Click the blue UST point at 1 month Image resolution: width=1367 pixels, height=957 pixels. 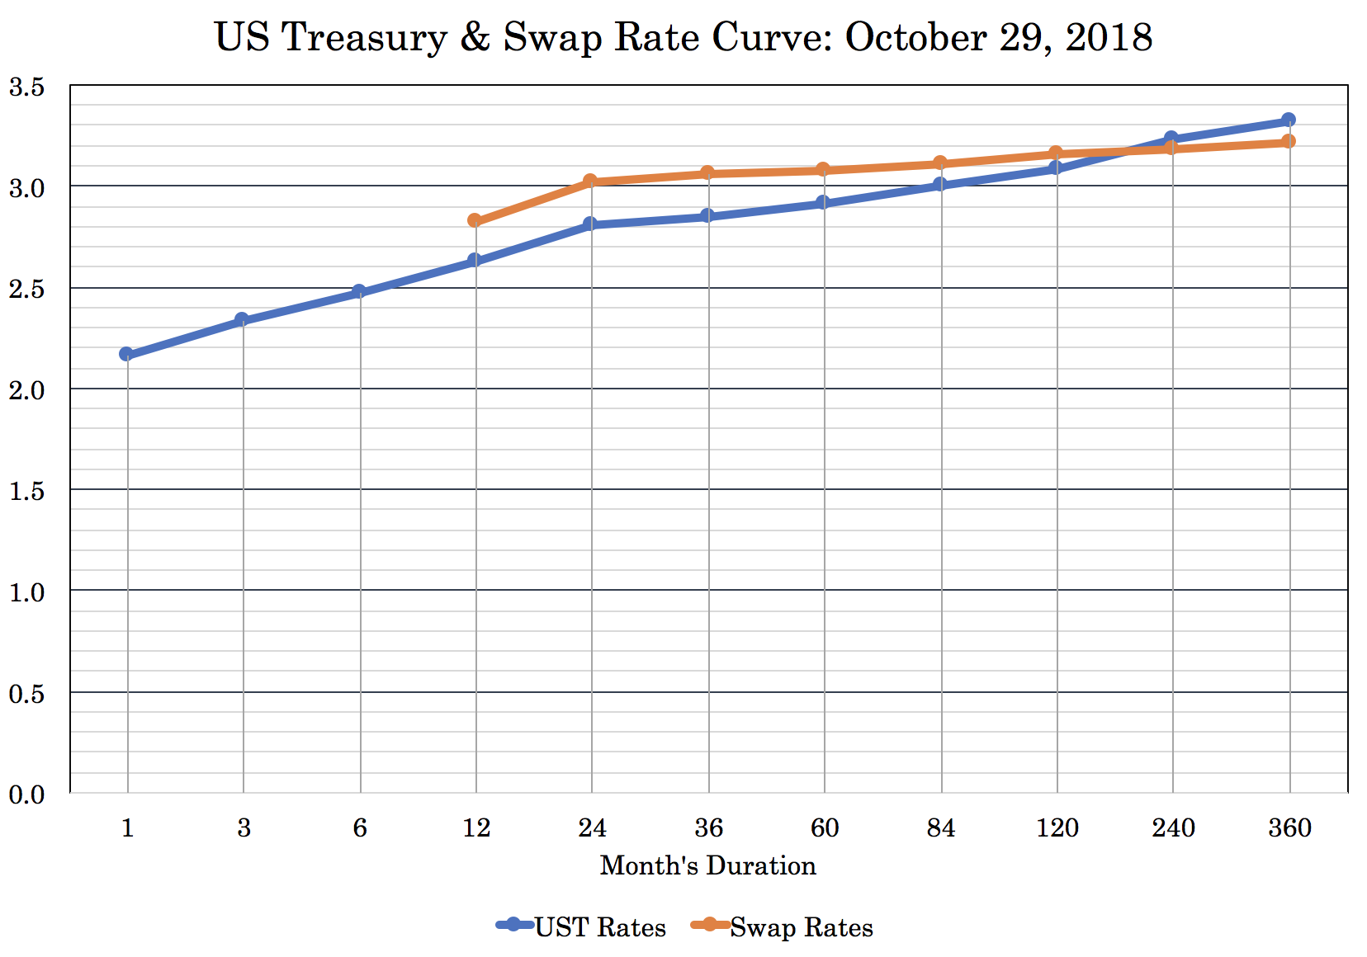(x=126, y=354)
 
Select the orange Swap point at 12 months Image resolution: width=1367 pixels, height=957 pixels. (x=475, y=220)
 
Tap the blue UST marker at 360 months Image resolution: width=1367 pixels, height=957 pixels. (x=1289, y=120)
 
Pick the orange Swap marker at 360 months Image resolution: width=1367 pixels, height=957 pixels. (x=1289, y=141)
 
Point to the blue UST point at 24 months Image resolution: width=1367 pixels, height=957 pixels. (x=590, y=224)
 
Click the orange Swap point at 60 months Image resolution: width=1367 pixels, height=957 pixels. (x=823, y=169)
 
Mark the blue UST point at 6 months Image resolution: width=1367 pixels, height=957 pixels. (x=359, y=292)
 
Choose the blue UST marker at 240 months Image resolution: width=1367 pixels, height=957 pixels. (x=1171, y=138)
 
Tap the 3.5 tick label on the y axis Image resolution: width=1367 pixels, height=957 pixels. (x=26, y=87)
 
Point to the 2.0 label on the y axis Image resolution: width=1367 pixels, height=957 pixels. (x=26, y=390)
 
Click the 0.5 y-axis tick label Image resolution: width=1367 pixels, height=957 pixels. (x=26, y=694)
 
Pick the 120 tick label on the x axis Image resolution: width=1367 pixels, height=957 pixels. (x=1057, y=827)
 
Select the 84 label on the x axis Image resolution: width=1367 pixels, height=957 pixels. (x=940, y=827)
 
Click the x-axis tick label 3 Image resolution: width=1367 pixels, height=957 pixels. (x=244, y=827)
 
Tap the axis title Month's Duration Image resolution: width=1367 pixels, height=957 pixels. (x=707, y=865)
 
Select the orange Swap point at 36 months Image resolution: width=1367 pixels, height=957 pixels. (x=707, y=173)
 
